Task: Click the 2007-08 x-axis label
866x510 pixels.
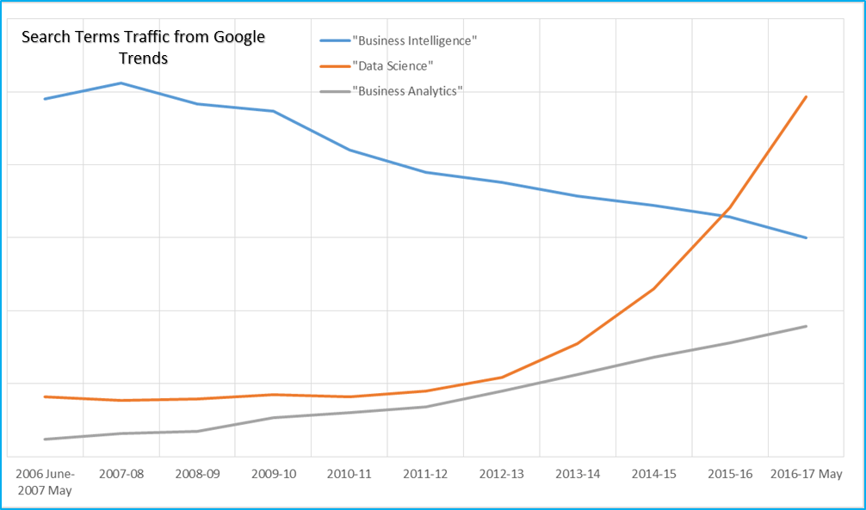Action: (x=121, y=474)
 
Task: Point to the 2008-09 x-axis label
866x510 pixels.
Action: (x=197, y=474)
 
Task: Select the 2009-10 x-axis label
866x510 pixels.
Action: (x=273, y=474)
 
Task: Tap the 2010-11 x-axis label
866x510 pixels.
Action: (x=349, y=474)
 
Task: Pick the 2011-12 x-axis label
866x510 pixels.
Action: (x=425, y=474)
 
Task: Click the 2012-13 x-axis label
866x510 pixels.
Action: (x=502, y=474)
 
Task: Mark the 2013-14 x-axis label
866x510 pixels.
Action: (x=578, y=474)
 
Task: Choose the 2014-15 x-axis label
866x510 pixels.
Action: (x=654, y=474)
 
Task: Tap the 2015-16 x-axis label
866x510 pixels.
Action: (x=730, y=474)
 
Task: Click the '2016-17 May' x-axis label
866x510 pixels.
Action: (x=805, y=474)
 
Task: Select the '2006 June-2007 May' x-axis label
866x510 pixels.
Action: (x=45, y=482)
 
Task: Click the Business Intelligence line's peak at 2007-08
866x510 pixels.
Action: (x=121, y=83)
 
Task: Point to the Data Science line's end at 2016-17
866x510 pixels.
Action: (x=806, y=97)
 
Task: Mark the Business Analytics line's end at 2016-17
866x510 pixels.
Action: (x=806, y=326)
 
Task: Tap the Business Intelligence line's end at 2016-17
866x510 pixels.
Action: (x=806, y=237)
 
